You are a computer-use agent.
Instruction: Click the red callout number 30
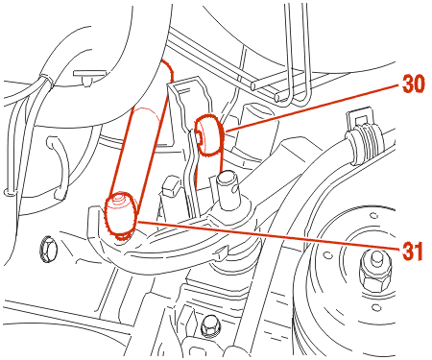click(x=414, y=84)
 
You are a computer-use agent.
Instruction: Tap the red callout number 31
click(x=413, y=251)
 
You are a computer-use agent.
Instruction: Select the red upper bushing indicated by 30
click(x=210, y=134)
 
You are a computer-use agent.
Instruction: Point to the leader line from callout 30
click(x=313, y=108)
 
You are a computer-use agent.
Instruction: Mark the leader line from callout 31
click(x=268, y=235)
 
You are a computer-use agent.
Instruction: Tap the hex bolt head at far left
click(x=48, y=249)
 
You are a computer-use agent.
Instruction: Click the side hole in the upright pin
click(x=236, y=189)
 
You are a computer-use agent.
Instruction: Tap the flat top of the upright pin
click(x=227, y=177)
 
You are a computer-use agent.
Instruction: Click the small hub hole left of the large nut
click(x=328, y=255)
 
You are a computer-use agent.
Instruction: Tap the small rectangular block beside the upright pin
click(x=171, y=187)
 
